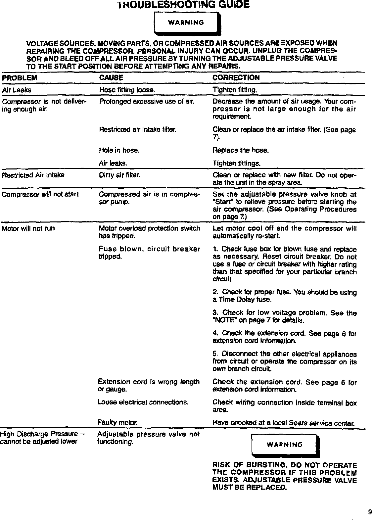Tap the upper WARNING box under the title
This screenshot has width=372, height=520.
pos(187,23)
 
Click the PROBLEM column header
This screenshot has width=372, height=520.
pos(20,78)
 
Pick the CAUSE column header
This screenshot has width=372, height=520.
pos(111,78)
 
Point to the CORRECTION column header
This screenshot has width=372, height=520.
pos(236,78)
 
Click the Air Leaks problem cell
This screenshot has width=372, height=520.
pos(17,90)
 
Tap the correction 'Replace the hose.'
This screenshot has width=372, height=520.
pos(240,151)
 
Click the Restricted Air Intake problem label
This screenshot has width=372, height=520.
pos(33,175)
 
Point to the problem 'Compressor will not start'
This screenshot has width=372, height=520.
pos(40,194)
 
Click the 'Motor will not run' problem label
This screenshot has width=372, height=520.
pos(28,228)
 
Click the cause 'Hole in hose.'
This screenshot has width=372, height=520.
pos(119,151)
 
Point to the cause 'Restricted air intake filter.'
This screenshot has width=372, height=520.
pos(137,130)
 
